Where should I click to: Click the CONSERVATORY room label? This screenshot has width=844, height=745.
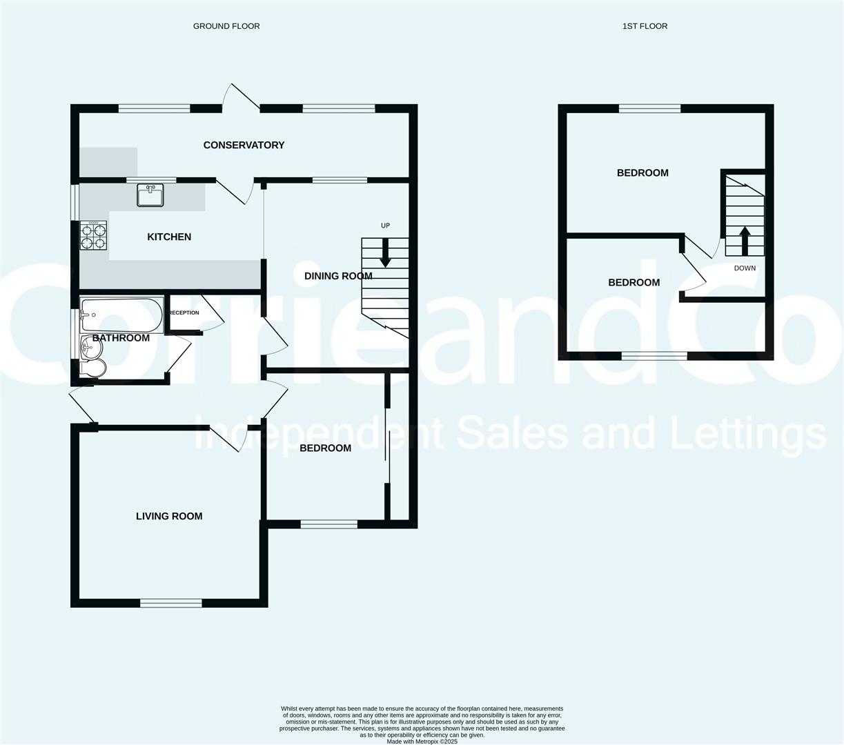pos(244,145)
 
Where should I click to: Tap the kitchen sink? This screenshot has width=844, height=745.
pos(150,195)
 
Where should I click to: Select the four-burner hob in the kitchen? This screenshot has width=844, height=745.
pos(93,236)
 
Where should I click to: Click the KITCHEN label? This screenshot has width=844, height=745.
pos(169,237)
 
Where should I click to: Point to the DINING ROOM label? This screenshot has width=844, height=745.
pos(338,276)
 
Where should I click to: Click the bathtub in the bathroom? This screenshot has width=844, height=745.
pos(121,315)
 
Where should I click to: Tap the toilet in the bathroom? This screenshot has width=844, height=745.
pos(93,368)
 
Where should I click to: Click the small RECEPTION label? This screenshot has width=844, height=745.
pos(184,312)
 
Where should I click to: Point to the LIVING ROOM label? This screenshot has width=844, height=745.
pos(169,516)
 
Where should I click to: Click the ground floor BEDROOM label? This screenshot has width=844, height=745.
pos(325,448)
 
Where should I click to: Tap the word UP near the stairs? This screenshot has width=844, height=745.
pos(385,226)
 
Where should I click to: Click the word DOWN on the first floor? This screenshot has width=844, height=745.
pos(745,268)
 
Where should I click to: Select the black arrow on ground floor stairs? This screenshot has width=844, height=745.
pos(385,252)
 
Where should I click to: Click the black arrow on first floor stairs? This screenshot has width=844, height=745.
pos(745,241)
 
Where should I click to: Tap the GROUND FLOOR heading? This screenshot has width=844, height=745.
pos(226,26)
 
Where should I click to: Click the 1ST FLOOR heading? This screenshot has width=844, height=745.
pos(645,26)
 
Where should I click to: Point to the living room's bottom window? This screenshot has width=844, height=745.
pos(170,603)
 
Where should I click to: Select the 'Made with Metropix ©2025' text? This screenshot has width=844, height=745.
pos(422,742)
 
